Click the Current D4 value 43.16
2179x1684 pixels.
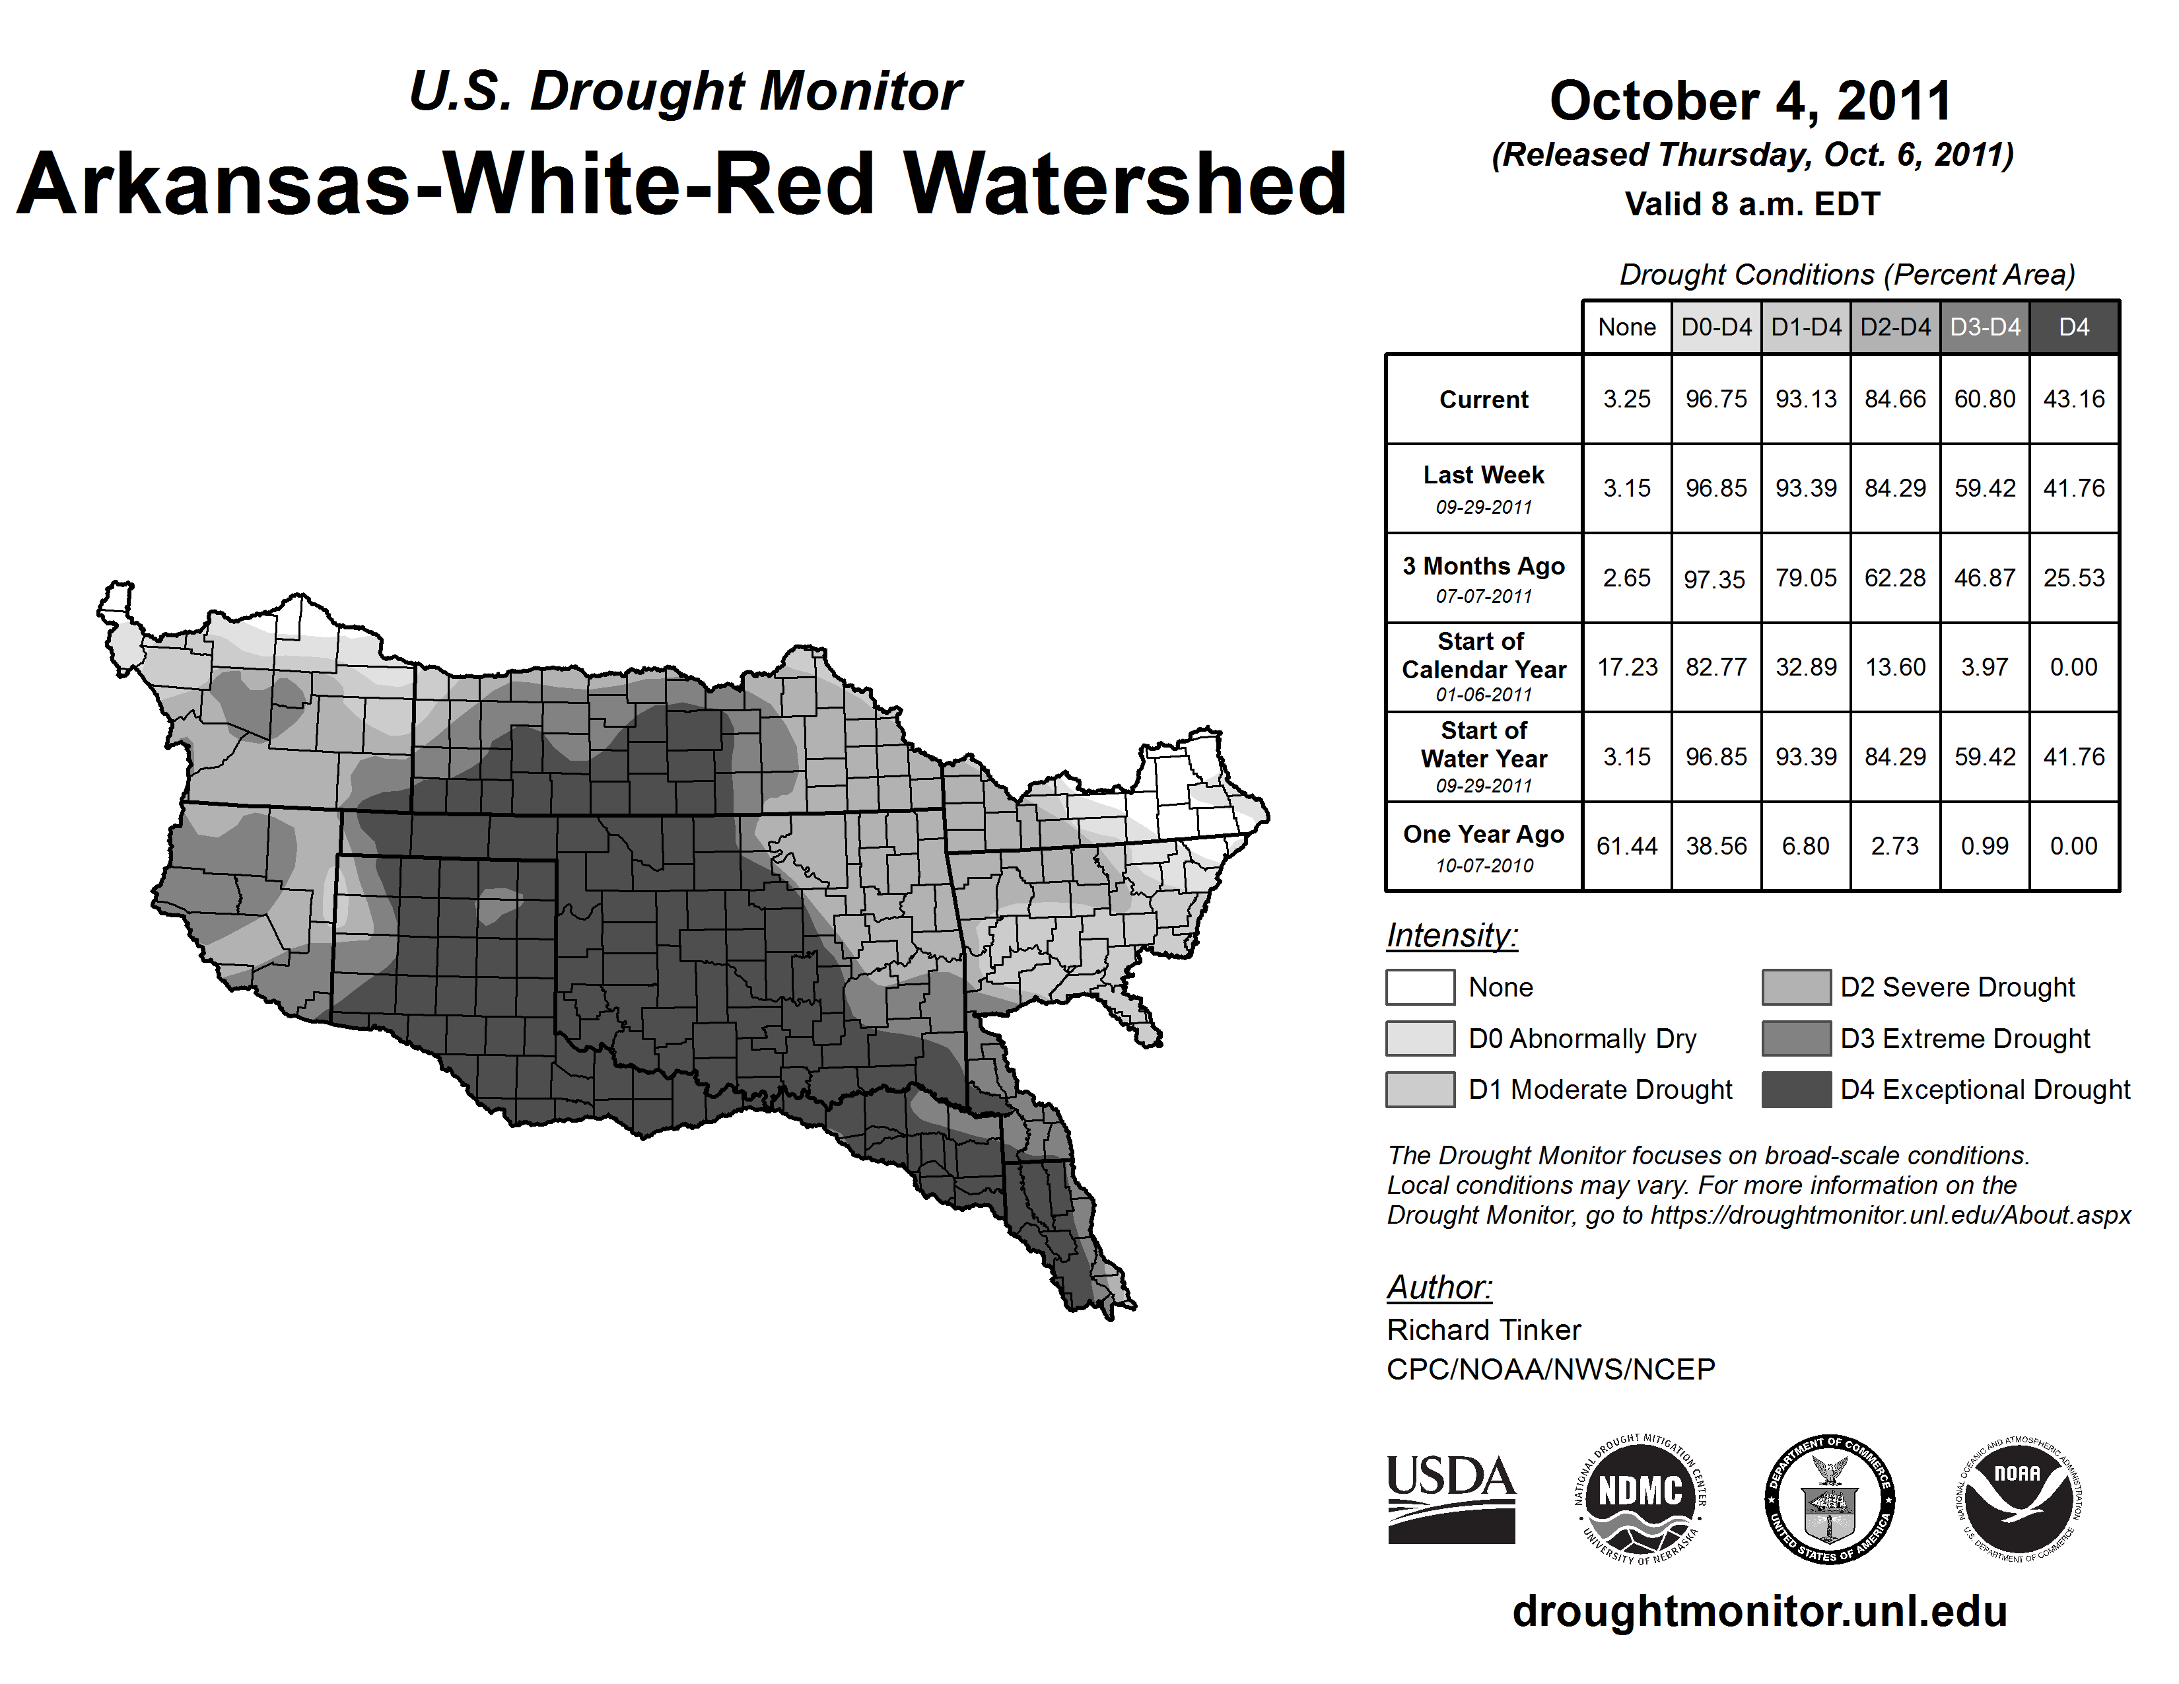click(x=2073, y=399)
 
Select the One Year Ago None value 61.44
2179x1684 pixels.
click(x=1626, y=846)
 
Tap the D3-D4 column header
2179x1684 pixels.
click(x=1984, y=327)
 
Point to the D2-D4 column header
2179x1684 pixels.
click(x=1894, y=327)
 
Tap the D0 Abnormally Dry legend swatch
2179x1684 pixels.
click(x=1420, y=1039)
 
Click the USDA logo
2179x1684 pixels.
click(x=1451, y=1498)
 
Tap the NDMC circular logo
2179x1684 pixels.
click(x=1640, y=1498)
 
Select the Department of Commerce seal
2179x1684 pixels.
click(x=1830, y=1498)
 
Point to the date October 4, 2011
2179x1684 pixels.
click(x=1751, y=101)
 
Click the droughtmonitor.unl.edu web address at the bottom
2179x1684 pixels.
click(x=1760, y=1611)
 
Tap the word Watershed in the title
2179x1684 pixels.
click(x=1125, y=184)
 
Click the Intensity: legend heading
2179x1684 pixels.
click(x=1451, y=936)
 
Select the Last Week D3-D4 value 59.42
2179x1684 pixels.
click(x=1984, y=489)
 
